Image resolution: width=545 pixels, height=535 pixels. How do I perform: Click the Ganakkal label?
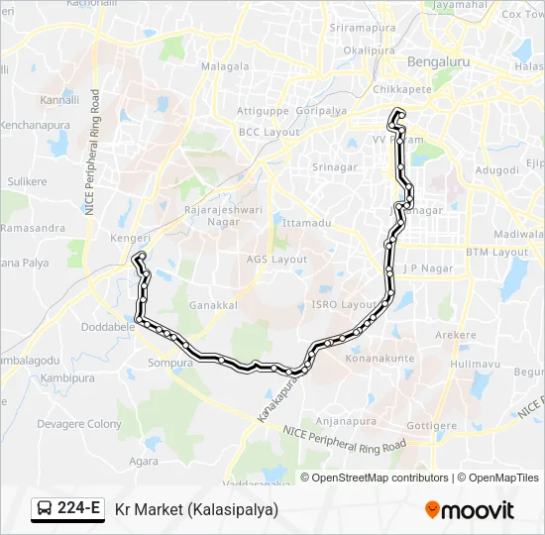pyautogui.click(x=212, y=305)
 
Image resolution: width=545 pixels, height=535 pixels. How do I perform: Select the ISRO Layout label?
pyautogui.click(x=344, y=304)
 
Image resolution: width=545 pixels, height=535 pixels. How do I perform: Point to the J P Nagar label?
pyautogui.click(x=427, y=268)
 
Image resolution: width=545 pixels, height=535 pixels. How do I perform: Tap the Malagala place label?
pyautogui.click(x=225, y=66)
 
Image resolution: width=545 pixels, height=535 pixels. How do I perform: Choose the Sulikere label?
pyautogui.click(x=27, y=182)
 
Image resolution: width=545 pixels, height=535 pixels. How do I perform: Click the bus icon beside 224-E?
pyautogui.click(x=45, y=509)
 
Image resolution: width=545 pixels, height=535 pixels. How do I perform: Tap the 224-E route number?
pyautogui.click(x=78, y=509)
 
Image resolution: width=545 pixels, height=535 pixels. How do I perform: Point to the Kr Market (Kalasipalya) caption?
pyautogui.click(x=196, y=509)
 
